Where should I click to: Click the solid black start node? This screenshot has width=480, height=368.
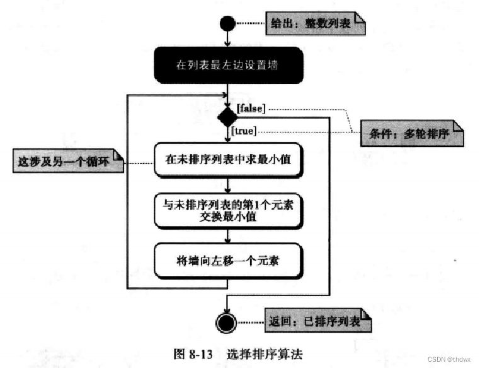[227, 23]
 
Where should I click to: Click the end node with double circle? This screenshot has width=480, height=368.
[226, 323]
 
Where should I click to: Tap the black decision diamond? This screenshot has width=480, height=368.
[227, 117]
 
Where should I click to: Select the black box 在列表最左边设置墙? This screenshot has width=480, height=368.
[229, 65]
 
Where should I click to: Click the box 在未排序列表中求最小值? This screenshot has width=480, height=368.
[229, 160]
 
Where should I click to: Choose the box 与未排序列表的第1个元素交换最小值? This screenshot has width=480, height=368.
[229, 211]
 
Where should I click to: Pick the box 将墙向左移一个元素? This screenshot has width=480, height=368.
[229, 261]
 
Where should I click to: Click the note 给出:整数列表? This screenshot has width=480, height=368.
[316, 23]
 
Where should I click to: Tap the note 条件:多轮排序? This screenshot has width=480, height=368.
[412, 133]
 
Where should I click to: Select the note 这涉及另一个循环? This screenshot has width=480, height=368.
[68, 161]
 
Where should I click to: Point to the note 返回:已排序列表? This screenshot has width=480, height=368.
[318, 321]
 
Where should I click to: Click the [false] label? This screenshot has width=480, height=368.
[251, 108]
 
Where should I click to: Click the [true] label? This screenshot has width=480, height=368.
[244, 131]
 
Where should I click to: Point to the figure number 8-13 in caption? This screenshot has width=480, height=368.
[201, 354]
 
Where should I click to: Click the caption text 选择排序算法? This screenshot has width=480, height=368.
[265, 354]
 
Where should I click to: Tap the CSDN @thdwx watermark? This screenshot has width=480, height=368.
[449, 359]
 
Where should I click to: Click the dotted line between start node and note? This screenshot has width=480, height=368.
[251, 23]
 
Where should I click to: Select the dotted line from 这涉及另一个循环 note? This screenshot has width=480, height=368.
[139, 163]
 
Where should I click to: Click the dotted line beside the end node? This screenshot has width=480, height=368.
[251, 323]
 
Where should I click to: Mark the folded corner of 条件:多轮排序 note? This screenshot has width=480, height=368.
[458, 126]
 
